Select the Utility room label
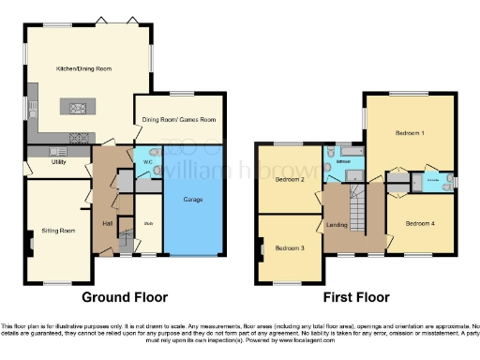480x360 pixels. pos(58,162)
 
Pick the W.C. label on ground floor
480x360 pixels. pos(147,160)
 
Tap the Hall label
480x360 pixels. pos(108,223)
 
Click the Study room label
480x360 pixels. pos(148,223)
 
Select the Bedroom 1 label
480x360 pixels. pos(410,133)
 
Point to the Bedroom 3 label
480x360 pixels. pos(290,247)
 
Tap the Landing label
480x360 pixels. pos(337,224)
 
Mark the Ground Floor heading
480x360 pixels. pos(125,297)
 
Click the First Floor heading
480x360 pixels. pos(356,297)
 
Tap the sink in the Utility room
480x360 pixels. pos(56,150)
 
